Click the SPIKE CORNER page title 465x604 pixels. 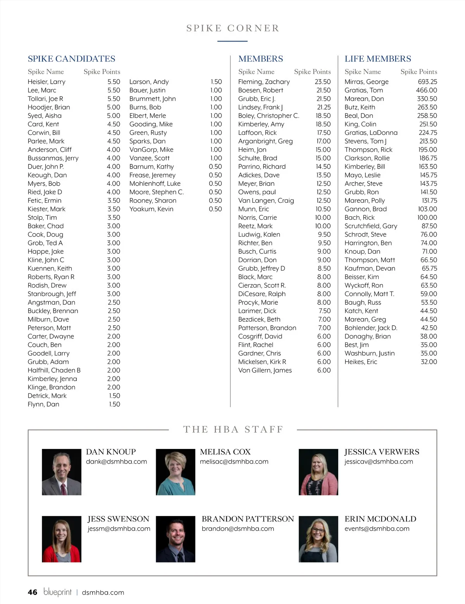232,28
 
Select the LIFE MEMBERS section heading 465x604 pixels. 378,59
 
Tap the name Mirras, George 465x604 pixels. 366,82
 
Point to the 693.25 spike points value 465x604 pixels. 427,82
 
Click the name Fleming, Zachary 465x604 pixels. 264,82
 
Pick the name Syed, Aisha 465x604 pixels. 45,116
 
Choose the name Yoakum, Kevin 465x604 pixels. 151,209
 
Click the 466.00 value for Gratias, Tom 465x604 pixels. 426,90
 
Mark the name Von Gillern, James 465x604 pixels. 265,370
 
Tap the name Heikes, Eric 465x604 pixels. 360,362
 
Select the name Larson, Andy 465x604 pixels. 149,82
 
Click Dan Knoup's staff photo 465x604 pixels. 62,472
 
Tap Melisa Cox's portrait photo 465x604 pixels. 176,472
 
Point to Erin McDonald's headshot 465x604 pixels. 318,539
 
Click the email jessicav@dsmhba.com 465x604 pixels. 379,461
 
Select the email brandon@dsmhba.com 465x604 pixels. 238,528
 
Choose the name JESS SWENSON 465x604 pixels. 118,519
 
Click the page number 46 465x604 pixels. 33,592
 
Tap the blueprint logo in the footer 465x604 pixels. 57,592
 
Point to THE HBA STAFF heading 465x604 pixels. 233,429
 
